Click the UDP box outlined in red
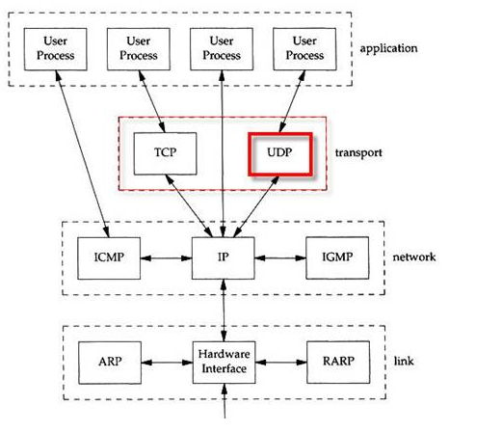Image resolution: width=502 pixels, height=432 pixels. click(x=280, y=152)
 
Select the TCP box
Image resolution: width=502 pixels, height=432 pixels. click(x=163, y=152)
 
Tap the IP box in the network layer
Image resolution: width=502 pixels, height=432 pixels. click(x=223, y=258)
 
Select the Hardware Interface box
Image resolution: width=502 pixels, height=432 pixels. click(x=223, y=362)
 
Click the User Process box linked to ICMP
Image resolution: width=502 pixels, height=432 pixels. click(x=55, y=48)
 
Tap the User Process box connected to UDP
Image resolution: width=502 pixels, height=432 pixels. click(x=304, y=48)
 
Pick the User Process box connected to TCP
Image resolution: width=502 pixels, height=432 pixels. click(x=139, y=48)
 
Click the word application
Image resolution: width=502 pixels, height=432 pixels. click(x=389, y=47)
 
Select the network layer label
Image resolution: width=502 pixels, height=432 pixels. click(x=414, y=256)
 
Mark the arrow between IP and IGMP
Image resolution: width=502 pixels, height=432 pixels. click(x=279, y=258)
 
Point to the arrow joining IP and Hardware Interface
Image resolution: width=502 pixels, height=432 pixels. click(x=223, y=310)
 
